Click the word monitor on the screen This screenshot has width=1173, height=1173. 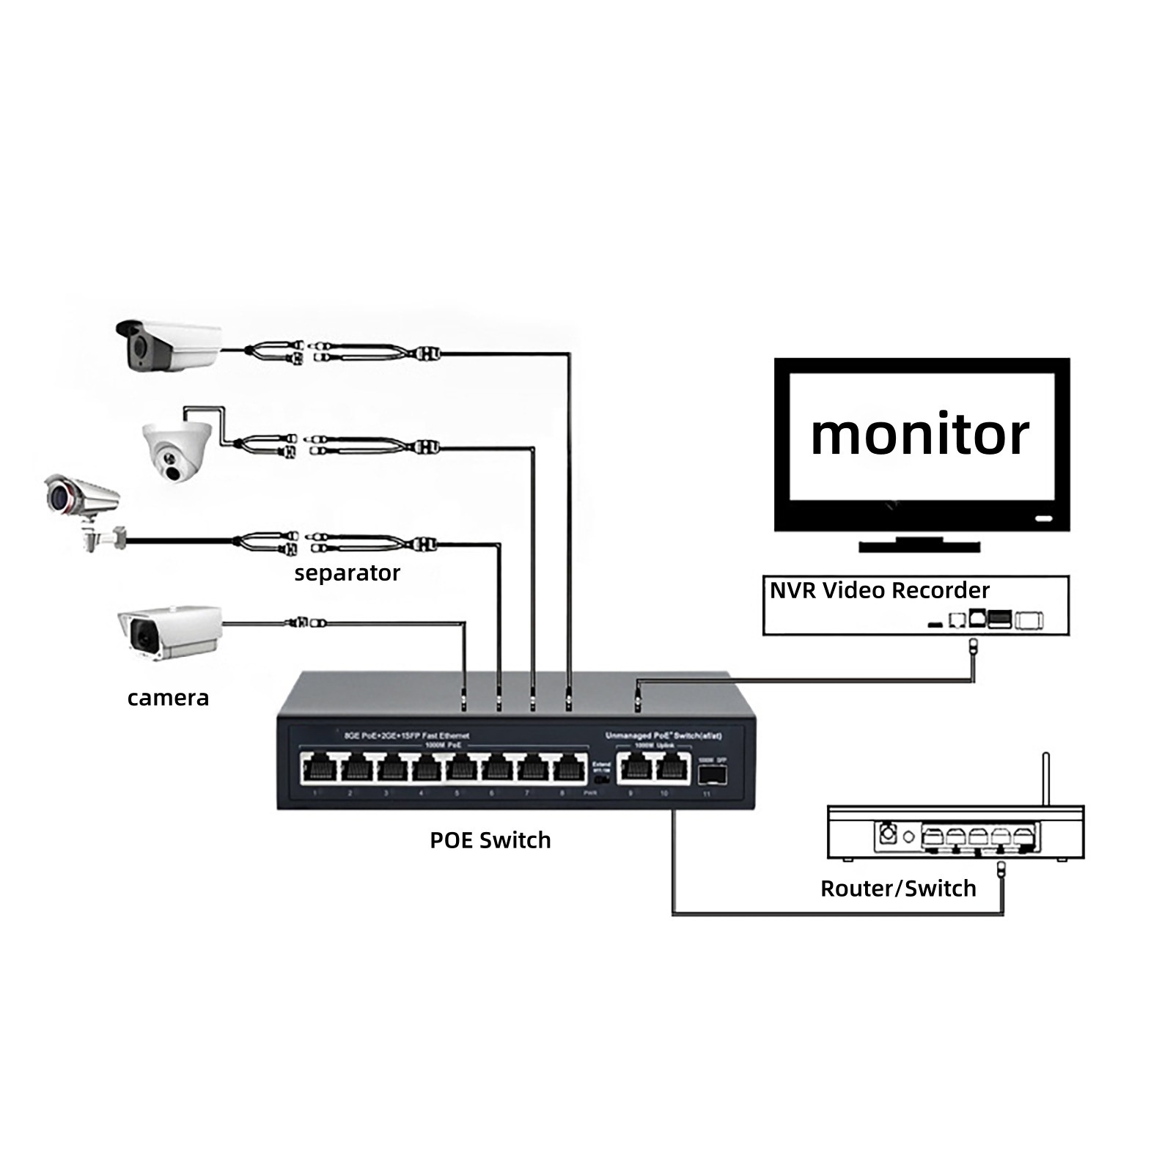pyautogui.click(x=919, y=435)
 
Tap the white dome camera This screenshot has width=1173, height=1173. pyautogui.click(x=177, y=450)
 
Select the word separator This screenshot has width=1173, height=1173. pyautogui.click(x=347, y=573)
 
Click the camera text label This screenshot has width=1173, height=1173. pyautogui.click(x=168, y=697)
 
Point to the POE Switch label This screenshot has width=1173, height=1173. pyautogui.click(x=490, y=839)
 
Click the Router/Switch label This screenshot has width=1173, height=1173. pyautogui.click(x=898, y=888)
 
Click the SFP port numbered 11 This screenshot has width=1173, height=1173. pyautogui.click(x=711, y=773)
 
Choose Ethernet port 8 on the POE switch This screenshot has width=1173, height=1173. pyautogui.click(x=565, y=769)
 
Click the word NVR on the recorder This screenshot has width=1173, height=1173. pyautogui.click(x=792, y=590)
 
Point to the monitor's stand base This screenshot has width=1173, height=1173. pyautogui.click(x=919, y=546)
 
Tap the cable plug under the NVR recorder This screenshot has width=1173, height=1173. pyautogui.click(x=973, y=646)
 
